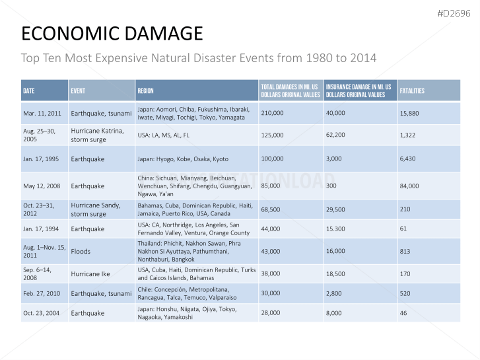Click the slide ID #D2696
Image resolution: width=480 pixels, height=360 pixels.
point(454,13)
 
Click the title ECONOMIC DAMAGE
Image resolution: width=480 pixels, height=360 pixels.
point(112,34)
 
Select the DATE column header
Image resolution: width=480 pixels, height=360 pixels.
point(29,90)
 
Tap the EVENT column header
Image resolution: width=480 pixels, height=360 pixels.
point(78,90)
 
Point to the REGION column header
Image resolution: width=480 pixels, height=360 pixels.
point(146,90)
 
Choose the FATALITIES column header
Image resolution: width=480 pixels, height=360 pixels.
point(412,90)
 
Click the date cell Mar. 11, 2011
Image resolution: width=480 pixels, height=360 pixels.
point(42,113)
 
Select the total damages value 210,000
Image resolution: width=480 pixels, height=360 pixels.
point(272,113)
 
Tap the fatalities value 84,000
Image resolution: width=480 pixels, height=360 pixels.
point(409,186)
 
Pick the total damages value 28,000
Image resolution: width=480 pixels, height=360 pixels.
point(270,312)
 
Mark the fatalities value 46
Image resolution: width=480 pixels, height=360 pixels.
point(403,312)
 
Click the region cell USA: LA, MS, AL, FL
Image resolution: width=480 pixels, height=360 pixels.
point(163,135)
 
